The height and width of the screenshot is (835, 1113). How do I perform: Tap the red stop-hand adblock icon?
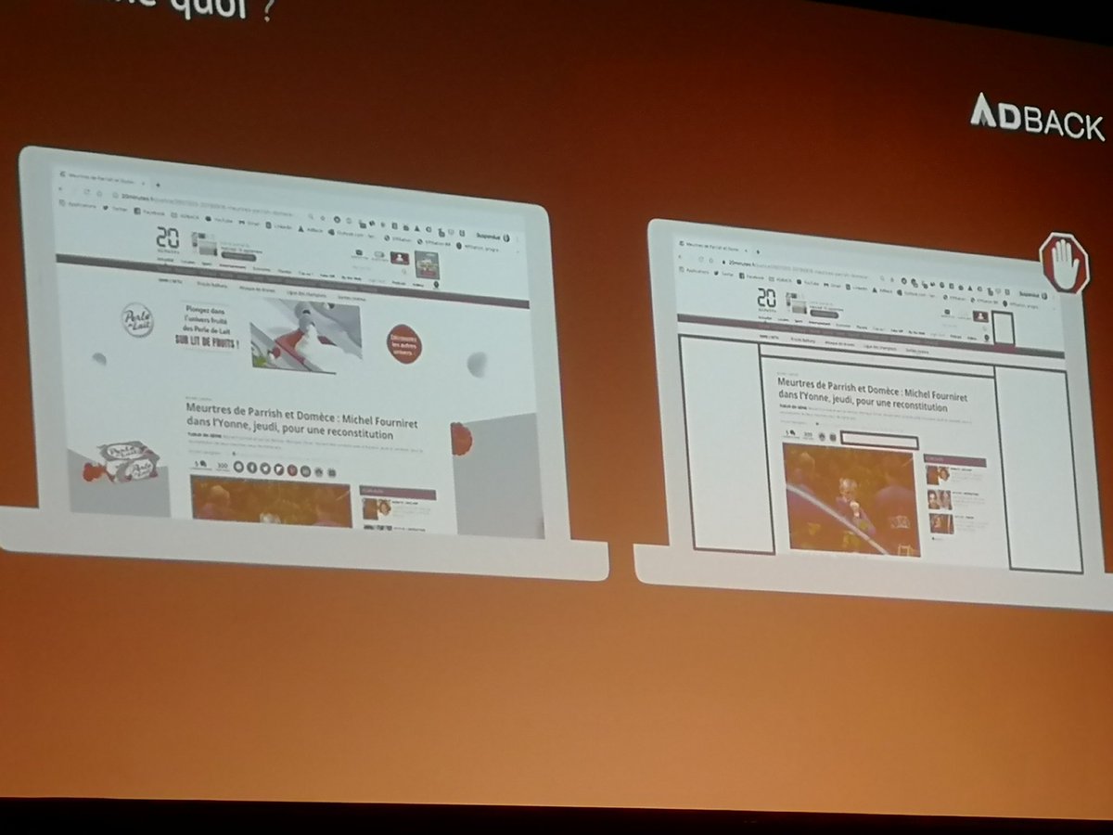coord(1063,263)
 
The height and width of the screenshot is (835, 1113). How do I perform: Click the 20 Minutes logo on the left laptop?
coord(168,240)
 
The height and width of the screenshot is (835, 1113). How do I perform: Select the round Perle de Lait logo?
coord(137,320)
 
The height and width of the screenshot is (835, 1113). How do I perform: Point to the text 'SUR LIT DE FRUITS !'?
coord(207,340)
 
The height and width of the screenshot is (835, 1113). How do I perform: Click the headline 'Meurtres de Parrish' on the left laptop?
coord(301,420)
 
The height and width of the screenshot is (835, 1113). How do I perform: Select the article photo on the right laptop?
coord(851,498)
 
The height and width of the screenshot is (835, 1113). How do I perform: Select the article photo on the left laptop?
coord(271,502)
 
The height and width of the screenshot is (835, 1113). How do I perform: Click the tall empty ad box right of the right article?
coord(1044,469)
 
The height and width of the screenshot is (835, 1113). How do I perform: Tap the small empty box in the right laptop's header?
coord(1002,328)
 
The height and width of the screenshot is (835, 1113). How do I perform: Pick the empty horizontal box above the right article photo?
coord(877,441)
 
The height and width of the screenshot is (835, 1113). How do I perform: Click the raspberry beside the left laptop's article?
coord(461,438)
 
